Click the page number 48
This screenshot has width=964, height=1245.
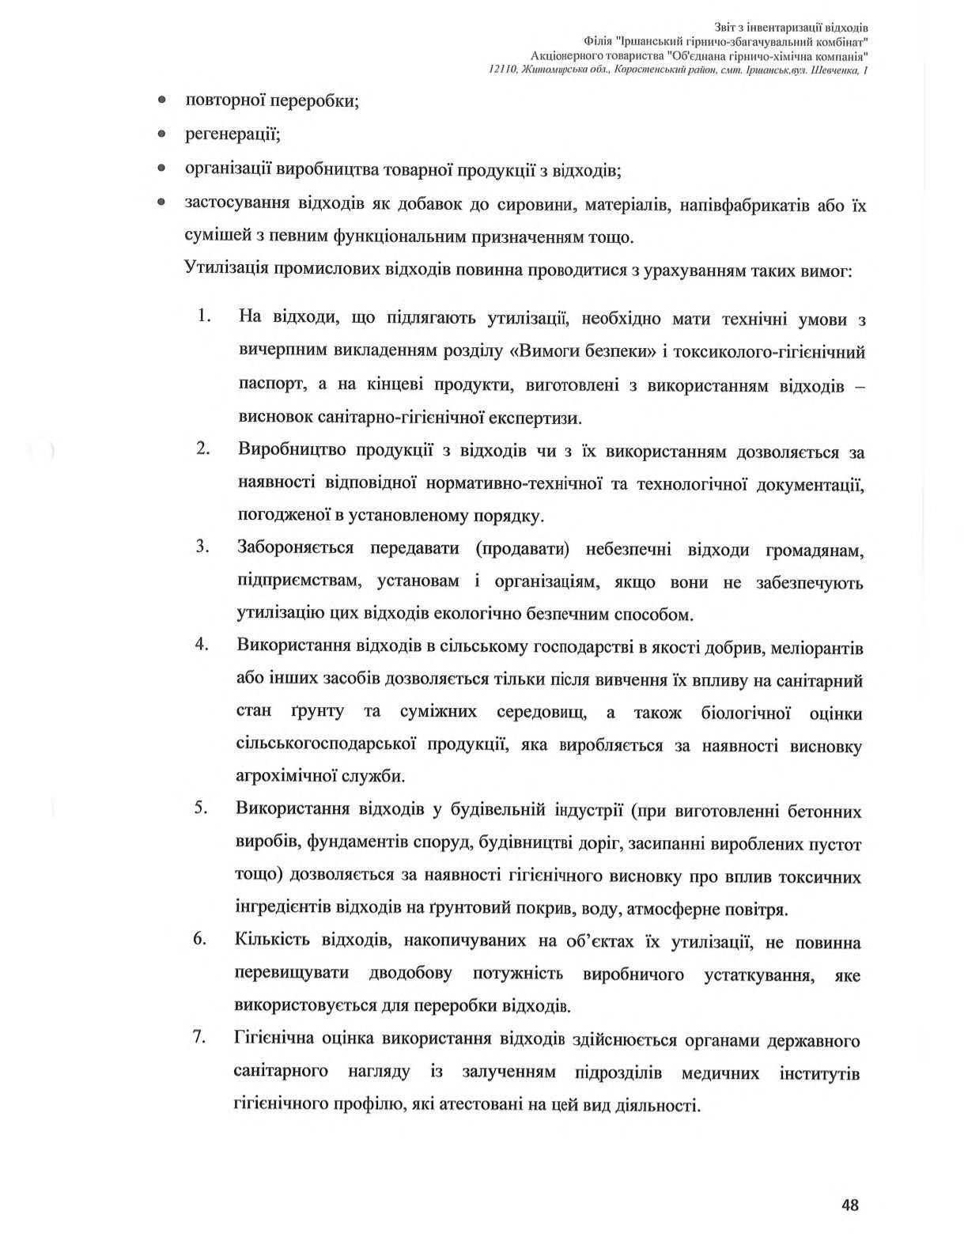click(850, 1205)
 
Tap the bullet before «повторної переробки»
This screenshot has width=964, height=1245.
click(161, 101)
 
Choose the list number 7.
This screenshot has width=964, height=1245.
click(202, 1039)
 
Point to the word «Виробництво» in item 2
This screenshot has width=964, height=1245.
click(290, 452)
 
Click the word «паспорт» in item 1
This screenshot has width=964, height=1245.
click(267, 384)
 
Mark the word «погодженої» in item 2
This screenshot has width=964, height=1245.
click(282, 516)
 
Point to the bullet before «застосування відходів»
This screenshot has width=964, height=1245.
click(161, 203)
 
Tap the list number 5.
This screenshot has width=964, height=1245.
click(202, 809)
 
